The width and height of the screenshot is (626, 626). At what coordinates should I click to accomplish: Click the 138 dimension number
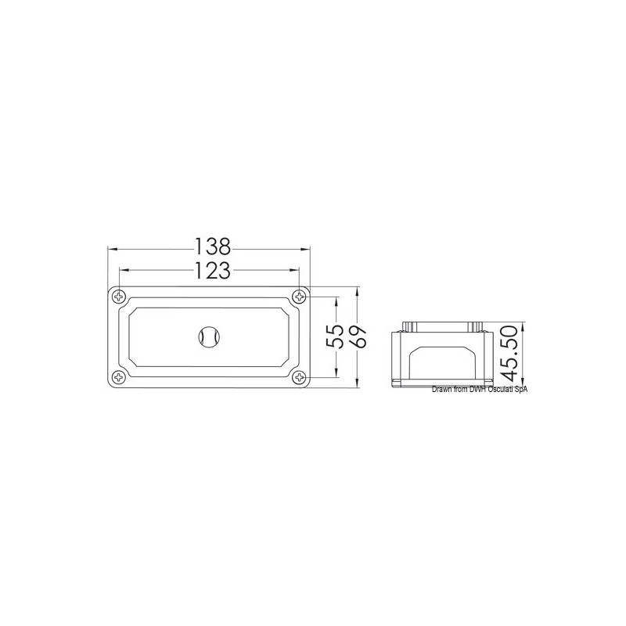[x=213, y=246]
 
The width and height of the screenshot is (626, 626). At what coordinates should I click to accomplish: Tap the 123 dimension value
[x=213, y=270]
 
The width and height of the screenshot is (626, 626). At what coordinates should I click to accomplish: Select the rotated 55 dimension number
[x=335, y=336]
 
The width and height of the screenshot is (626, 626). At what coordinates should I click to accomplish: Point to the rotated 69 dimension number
[x=358, y=336]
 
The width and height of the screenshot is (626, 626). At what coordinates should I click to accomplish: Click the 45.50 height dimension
[x=509, y=354]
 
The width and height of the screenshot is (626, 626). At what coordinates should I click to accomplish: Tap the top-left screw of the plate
[x=119, y=297]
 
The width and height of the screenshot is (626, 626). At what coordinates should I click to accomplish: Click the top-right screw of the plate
[x=299, y=297]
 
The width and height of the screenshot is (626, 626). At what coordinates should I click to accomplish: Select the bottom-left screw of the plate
[x=119, y=376]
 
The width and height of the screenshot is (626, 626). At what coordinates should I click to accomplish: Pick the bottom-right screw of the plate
[x=299, y=376]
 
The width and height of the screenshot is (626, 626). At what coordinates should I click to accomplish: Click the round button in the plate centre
[x=209, y=338]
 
